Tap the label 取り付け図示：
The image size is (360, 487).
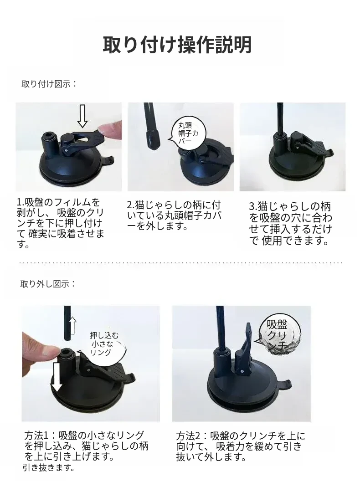pos(49,84)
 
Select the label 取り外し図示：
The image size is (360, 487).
pos(48,284)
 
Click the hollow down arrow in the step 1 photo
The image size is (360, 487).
pos(82,116)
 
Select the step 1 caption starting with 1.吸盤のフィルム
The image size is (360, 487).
pos(60,223)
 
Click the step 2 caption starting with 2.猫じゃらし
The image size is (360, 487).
pos(174,215)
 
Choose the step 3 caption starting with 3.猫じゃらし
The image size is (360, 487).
pos(290,224)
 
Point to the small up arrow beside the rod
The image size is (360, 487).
pos(72,325)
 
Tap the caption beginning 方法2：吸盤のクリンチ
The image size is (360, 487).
pos(241,446)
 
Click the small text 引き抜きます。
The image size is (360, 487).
pos(48,467)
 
